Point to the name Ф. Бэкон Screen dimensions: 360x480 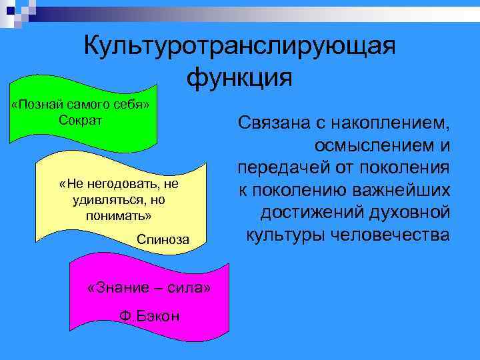[x=149, y=315]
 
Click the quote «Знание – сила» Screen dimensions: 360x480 [x=149, y=288]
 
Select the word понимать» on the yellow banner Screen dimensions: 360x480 [x=119, y=216]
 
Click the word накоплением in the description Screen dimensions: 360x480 [x=391, y=124]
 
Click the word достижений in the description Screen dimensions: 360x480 [x=309, y=212]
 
